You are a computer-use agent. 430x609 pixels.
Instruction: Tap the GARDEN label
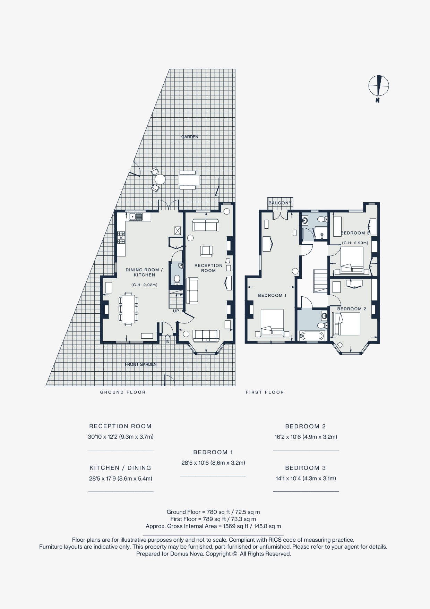(x=190, y=137)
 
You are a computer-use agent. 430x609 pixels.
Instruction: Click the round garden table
(x=160, y=179)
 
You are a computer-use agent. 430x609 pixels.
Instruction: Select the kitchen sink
(x=136, y=217)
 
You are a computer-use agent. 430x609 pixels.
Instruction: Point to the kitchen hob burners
(x=121, y=238)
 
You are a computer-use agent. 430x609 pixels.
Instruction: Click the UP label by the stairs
(x=176, y=311)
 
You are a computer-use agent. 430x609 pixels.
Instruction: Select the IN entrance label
(x=167, y=342)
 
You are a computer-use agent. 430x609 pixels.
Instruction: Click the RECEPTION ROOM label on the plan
(x=208, y=268)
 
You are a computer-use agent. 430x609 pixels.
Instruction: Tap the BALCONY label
(x=280, y=203)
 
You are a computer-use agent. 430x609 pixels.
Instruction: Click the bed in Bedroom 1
(x=272, y=322)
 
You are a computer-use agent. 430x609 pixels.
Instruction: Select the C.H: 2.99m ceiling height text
(x=355, y=243)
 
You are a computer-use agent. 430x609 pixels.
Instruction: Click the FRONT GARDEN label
(x=141, y=364)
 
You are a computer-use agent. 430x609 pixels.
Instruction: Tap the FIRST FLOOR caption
(x=265, y=392)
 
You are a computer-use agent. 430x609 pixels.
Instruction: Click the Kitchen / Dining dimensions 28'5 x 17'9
(x=121, y=479)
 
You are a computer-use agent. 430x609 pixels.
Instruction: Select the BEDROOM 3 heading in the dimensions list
(x=306, y=468)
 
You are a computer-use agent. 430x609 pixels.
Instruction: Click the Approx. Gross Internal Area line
(x=213, y=526)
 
